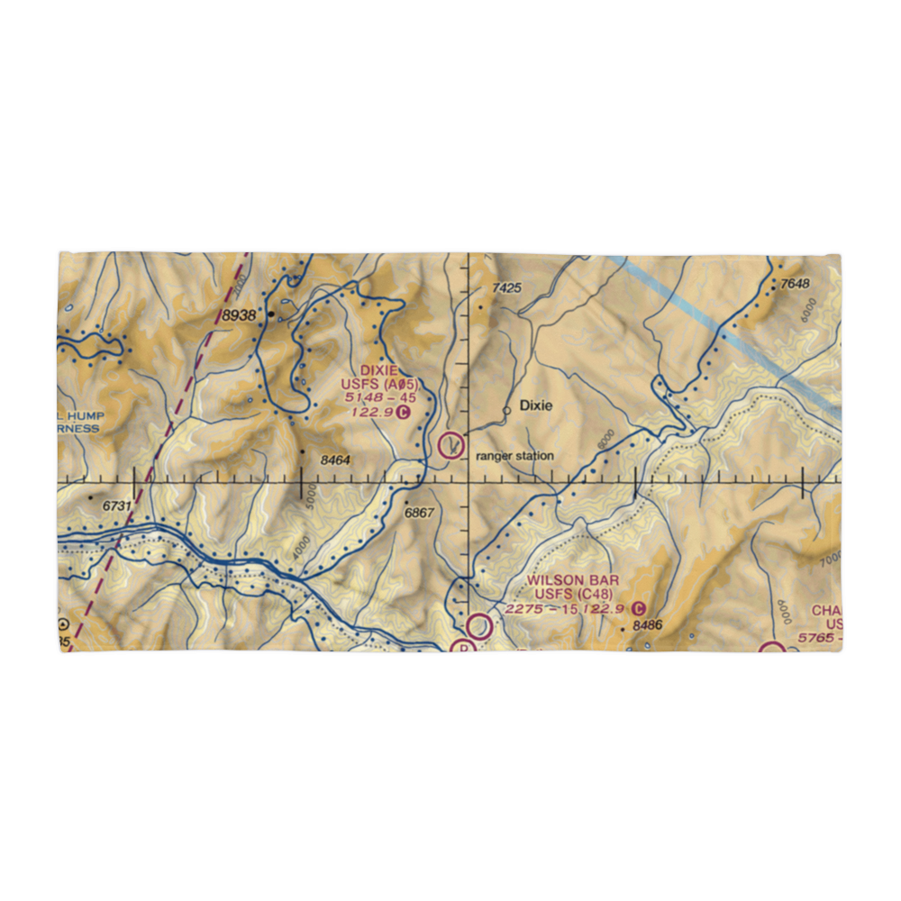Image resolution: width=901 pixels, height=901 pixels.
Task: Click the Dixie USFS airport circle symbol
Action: tap(450, 444)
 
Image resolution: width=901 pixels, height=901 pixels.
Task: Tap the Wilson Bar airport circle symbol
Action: tap(478, 624)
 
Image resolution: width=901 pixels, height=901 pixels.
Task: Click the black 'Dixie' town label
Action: tap(534, 406)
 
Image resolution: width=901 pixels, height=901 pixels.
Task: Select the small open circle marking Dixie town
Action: tap(507, 409)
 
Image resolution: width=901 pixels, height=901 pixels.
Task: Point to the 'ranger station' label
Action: tap(515, 456)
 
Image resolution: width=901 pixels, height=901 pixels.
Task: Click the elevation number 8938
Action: tap(241, 315)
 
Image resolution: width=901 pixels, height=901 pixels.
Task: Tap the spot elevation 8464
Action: tap(334, 460)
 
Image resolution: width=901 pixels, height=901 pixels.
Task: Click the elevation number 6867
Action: tap(420, 512)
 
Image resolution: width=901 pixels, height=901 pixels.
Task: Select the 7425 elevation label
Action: tap(507, 288)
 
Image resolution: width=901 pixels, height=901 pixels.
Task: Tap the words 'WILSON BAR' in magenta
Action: tap(575, 580)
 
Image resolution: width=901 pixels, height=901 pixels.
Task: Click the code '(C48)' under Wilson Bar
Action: tap(596, 595)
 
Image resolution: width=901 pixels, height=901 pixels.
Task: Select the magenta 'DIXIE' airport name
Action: tap(378, 370)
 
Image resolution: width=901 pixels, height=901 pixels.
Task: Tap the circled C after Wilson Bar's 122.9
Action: tap(639, 609)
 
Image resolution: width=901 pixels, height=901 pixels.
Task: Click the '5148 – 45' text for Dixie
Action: tap(378, 398)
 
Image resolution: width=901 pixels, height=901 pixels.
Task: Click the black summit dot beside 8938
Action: tap(269, 315)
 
